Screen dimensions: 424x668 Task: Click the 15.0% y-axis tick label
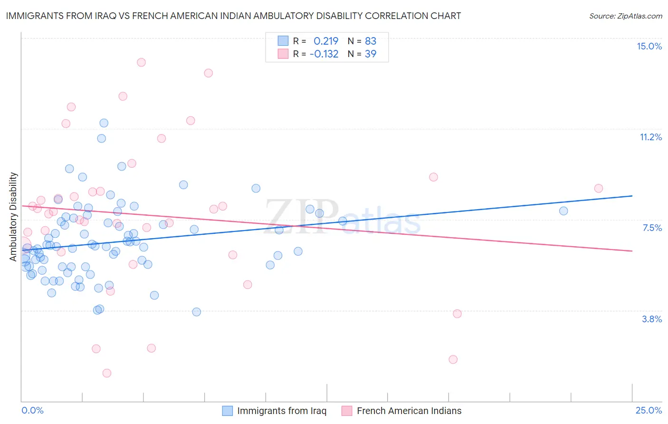point(649,46)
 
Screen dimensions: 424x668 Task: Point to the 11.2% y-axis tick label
point(650,137)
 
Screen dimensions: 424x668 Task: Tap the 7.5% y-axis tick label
point(652,228)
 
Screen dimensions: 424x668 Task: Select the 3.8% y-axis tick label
point(652,319)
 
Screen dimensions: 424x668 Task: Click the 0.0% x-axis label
point(32,410)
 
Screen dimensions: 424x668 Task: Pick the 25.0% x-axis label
point(649,410)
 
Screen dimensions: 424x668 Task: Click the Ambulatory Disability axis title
point(13,216)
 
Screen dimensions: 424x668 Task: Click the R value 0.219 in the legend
point(326,41)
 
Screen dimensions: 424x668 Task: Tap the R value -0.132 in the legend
point(324,54)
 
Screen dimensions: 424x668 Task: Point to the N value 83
point(370,41)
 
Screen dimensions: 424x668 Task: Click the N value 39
point(370,54)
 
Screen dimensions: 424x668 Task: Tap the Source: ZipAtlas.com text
point(625,16)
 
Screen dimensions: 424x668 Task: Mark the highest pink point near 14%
point(141,62)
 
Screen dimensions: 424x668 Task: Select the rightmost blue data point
point(563,211)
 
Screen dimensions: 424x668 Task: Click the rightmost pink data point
point(599,188)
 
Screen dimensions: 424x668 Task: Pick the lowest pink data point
point(107,373)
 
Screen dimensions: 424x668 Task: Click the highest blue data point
point(104,123)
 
